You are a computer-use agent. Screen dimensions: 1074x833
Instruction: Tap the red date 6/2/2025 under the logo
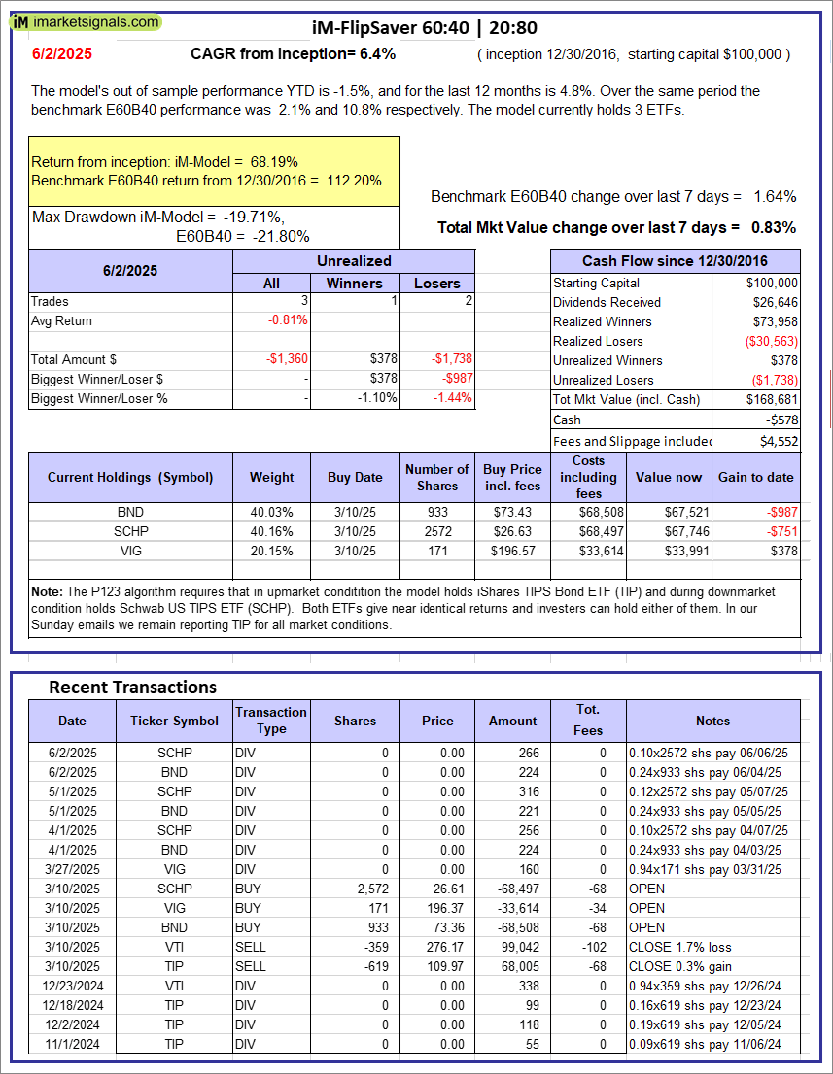pos(61,54)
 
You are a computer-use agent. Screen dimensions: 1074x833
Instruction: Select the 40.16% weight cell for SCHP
pos(271,531)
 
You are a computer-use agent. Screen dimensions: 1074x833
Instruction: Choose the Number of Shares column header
pos(437,477)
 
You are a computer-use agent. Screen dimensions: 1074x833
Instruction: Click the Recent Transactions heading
pos(132,688)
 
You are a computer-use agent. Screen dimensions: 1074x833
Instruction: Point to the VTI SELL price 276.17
pos(437,947)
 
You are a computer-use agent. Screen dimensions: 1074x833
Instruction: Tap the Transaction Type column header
pos(271,721)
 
